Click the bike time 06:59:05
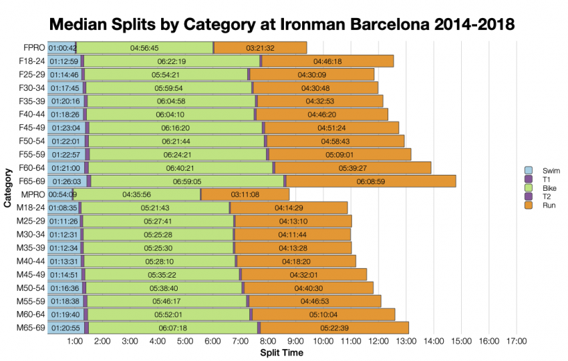click(187, 181)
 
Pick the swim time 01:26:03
click(65, 181)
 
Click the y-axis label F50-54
click(31, 141)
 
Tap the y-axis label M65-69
click(31, 328)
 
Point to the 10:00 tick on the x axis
click(323, 341)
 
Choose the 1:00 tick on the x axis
click(75, 341)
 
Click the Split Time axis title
click(281, 352)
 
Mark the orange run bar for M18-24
click(289, 208)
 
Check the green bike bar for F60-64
click(180, 167)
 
